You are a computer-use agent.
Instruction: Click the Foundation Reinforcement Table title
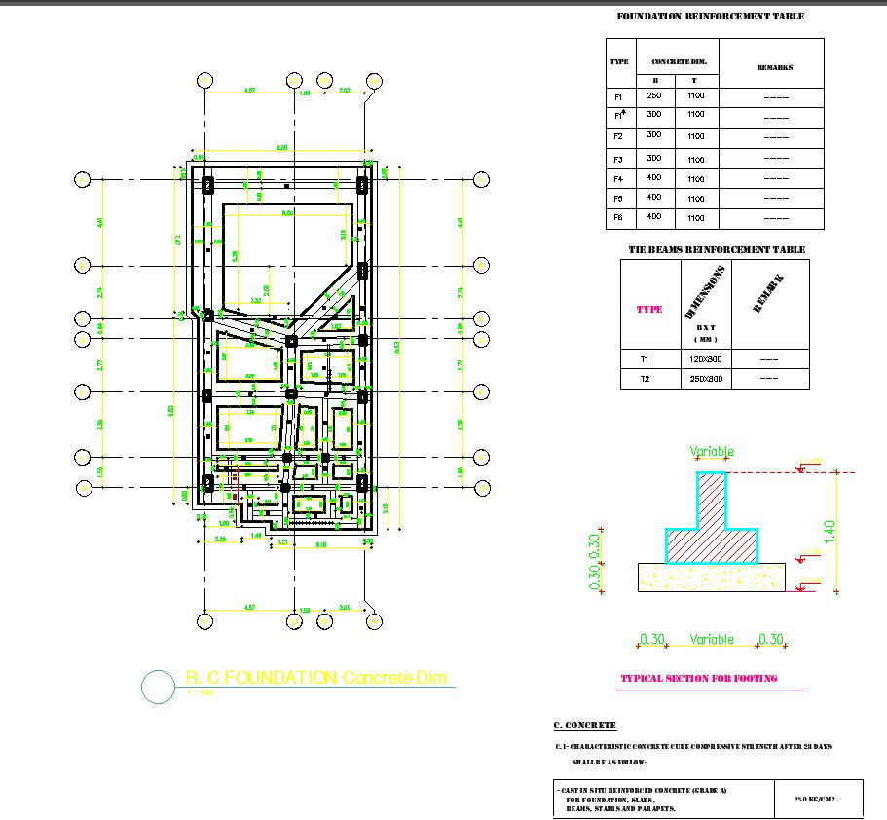[x=711, y=17]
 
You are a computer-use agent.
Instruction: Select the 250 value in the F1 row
[x=654, y=95]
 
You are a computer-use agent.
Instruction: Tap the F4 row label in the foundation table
[x=619, y=179]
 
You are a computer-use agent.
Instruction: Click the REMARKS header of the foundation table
[x=775, y=67]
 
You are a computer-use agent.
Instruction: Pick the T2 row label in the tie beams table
[x=645, y=378]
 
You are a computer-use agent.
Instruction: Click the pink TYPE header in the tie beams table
[x=649, y=309]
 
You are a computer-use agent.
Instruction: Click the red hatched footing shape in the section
[x=712, y=526]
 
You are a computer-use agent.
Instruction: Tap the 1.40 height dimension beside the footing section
[x=830, y=531]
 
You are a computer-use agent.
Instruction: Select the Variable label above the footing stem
[x=712, y=452]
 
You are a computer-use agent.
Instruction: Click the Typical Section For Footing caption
[x=699, y=678]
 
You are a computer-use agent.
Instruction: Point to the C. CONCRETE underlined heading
[x=584, y=726]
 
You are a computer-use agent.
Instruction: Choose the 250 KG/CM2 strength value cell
[x=817, y=797]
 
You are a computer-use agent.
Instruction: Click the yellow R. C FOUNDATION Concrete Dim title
[x=315, y=678]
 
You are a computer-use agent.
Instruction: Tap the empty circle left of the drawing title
[x=159, y=686]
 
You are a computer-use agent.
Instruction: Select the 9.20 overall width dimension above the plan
[x=282, y=147]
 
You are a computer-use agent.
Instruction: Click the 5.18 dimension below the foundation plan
[x=320, y=544]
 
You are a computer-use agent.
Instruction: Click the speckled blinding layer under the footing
[x=712, y=577]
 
